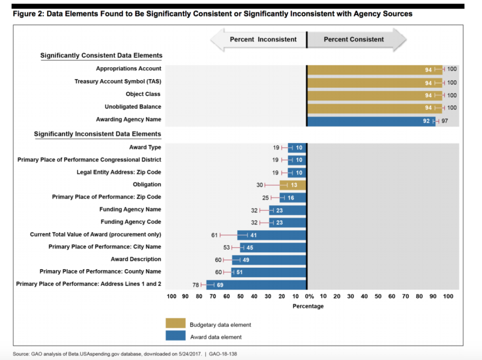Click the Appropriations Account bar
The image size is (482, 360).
click(x=373, y=69)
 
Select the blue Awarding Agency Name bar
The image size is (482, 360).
click(x=370, y=120)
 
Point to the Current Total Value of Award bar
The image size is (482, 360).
click(x=271, y=235)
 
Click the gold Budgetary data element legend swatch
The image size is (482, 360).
click(x=175, y=324)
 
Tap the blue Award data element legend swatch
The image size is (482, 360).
click(x=175, y=336)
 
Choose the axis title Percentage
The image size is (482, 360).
click(x=308, y=306)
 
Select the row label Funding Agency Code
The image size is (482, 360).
click(x=131, y=222)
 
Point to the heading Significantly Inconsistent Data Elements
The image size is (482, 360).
click(x=97, y=134)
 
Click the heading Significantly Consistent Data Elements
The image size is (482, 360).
click(x=101, y=56)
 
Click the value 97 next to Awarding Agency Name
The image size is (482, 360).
click(x=444, y=120)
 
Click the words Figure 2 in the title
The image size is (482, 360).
click(x=29, y=13)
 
